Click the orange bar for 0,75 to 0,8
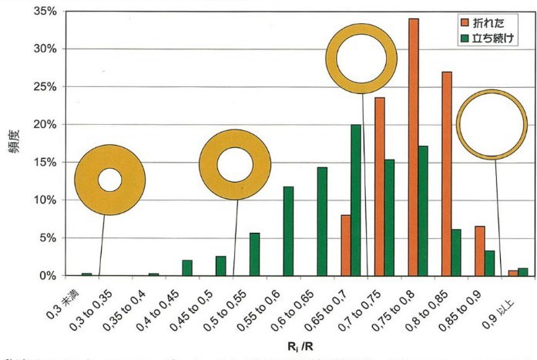(x=414, y=146)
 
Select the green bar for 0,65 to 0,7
(x=356, y=200)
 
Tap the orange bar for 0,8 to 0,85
(x=447, y=173)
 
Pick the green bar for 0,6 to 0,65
(x=322, y=221)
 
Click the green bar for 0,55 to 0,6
(x=288, y=231)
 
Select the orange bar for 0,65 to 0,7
(x=346, y=245)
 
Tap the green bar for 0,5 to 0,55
(x=254, y=254)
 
